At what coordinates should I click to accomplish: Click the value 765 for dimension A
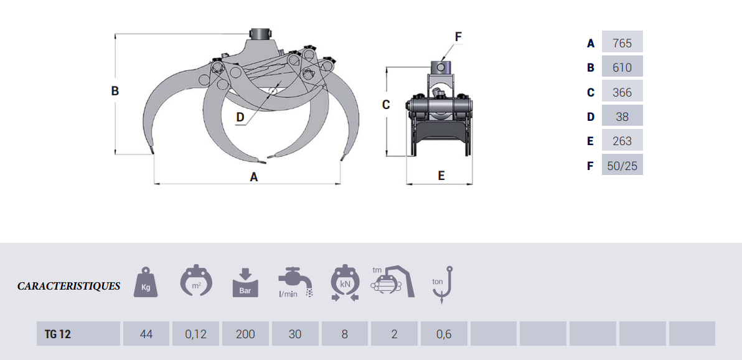[x=622, y=43]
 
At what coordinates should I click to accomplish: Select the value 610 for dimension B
[x=622, y=68]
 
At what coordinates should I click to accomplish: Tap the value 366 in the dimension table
[x=622, y=92]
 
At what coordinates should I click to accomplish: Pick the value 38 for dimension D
[x=622, y=117]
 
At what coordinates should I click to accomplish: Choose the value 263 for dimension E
[x=622, y=141]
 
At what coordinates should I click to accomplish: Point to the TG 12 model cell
[x=78, y=334]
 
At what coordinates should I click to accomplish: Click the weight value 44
[x=146, y=334]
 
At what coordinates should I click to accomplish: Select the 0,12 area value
[x=196, y=334]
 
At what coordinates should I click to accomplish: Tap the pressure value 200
[x=245, y=334]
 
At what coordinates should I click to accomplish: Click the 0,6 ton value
[x=444, y=334]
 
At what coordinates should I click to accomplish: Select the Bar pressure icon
[x=245, y=283]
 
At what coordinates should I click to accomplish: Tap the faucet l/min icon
[x=295, y=283]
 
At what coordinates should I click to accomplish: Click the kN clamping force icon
[x=345, y=284]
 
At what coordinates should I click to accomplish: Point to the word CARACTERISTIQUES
[x=68, y=287]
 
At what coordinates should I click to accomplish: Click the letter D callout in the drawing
[x=240, y=116]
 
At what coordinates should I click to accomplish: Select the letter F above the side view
[x=458, y=37]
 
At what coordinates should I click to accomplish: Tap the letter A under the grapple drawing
[x=253, y=177]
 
